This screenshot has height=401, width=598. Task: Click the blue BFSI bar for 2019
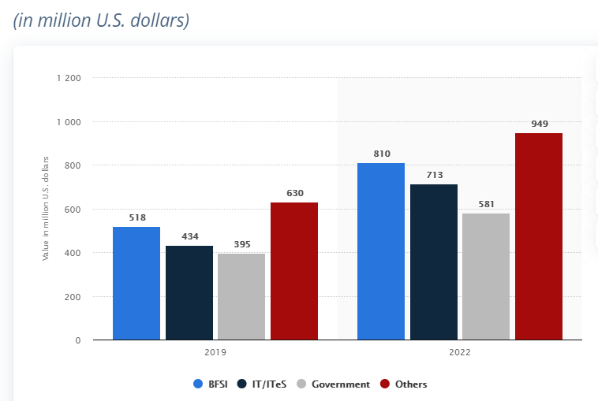point(136,284)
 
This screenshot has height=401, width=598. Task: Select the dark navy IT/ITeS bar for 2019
point(189,293)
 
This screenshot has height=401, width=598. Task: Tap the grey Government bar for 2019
point(241,297)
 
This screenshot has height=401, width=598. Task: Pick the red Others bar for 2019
point(294,272)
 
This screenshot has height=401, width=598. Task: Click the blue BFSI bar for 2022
point(381,252)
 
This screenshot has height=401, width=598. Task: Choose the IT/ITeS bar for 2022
point(434,262)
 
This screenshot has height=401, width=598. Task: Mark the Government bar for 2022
point(486,277)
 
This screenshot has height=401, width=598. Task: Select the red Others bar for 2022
point(539,236)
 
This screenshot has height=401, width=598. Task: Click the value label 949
point(540,124)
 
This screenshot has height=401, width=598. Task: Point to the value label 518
point(136,217)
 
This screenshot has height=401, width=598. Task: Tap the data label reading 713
point(434,175)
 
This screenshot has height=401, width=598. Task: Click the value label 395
point(241,244)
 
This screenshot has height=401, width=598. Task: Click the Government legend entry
point(333,384)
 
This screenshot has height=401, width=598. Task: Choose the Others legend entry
point(404,384)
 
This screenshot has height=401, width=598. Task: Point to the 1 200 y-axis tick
point(69,78)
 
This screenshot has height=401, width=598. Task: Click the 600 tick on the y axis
point(73,210)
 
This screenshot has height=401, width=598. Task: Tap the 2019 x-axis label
point(215,353)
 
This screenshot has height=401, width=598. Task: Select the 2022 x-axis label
point(460,353)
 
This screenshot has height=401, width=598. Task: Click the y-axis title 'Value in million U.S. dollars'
point(47,209)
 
